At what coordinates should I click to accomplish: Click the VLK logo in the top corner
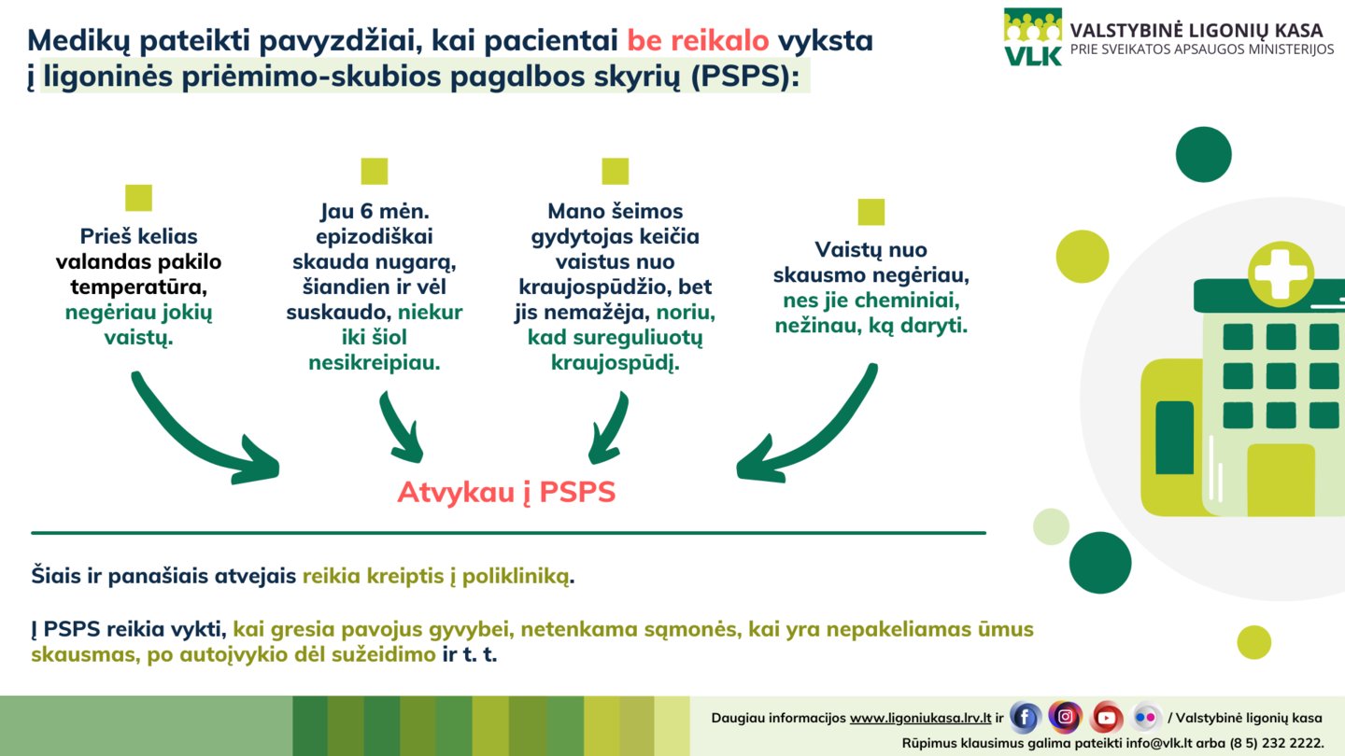(1033, 36)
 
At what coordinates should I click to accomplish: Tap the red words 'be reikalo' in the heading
(698, 41)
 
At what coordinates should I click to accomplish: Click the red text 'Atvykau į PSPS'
(506, 493)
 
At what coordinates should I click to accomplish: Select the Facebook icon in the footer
(1025, 717)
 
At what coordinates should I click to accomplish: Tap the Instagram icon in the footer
(1065, 717)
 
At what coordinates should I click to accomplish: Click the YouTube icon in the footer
(1106, 717)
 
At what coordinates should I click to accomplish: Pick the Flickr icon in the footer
(1146, 717)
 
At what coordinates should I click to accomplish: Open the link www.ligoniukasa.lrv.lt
(921, 719)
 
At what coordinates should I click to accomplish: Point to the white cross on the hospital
(1281, 273)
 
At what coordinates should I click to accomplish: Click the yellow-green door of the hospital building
(1281, 480)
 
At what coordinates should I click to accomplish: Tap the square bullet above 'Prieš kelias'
(138, 198)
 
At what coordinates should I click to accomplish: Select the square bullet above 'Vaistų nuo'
(871, 212)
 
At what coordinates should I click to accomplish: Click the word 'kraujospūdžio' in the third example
(595, 287)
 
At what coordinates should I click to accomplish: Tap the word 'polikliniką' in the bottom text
(516, 577)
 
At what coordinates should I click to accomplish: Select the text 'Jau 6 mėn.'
(375, 211)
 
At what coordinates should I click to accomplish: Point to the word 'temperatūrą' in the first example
(138, 287)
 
